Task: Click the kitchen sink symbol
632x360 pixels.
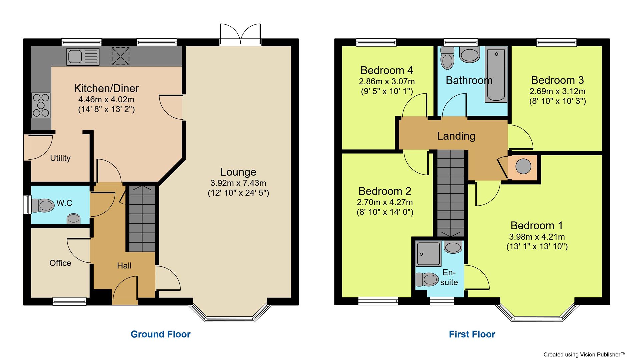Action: pyautogui.click(x=83, y=56)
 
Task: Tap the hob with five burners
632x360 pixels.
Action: pyautogui.click(x=41, y=105)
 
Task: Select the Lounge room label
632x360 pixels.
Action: pyautogui.click(x=238, y=172)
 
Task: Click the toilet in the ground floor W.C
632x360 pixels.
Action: pyautogui.click(x=43, y=205)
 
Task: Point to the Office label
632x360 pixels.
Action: pyautogui.click(x=60, y=263)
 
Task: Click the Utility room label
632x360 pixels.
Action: pyautogui.click(x=60, y=158)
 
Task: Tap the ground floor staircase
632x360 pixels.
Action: pyautogui.click(x=142, y=218)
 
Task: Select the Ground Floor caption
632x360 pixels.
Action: pyautogui.click(x=160, y=334)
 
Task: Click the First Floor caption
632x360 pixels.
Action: pyautogui.click(x=472, y=334)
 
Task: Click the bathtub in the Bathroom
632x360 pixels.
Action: pyautogui.click(x=496, y=74)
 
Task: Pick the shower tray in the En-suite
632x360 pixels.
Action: pyautogui.click(x=428, y=254)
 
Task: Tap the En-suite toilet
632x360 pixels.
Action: pyautogui.click(x=427, y=279)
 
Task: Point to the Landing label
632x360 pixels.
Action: pyautogui.click(x=456, y=136)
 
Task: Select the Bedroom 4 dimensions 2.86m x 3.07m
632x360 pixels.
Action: pyautogui.click(x=387, y=81)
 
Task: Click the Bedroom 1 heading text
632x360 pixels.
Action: pyautogui.click(x=536, y=226)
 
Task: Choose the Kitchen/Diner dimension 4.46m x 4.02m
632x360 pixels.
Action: pyautogui.click(x=106, y=99)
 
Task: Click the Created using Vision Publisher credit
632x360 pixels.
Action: pyautogui.click(x=584, y=354)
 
